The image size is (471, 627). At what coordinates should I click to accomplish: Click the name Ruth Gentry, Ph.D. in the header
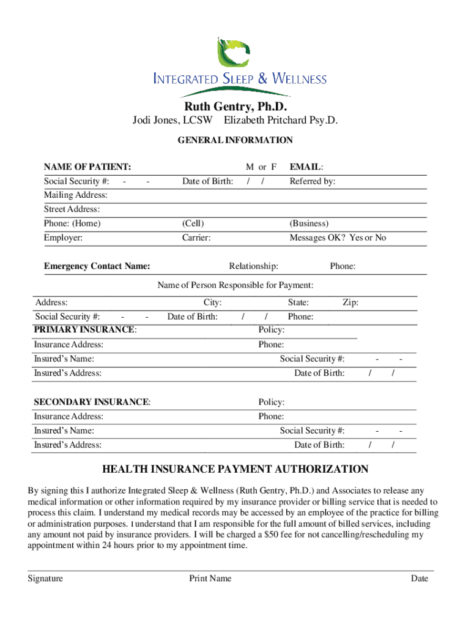[236, 108]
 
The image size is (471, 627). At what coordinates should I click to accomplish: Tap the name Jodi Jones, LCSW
[168, 121]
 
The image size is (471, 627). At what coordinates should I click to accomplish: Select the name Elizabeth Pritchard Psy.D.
[281, 121]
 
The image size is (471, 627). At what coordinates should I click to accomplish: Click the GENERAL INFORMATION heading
[235, 140]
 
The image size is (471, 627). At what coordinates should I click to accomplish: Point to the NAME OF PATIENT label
[87, 167]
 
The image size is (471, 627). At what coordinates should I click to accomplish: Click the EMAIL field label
[306, 167]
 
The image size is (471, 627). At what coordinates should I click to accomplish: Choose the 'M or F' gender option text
[261, 167]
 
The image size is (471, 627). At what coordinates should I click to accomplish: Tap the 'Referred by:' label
[312, 181]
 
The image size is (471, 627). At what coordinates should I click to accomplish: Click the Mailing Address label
[75, 195]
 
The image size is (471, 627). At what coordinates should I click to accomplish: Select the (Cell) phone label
[193, 223]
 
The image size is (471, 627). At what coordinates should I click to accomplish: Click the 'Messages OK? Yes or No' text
[338, 238]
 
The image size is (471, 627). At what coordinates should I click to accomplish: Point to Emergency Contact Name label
[97, 266]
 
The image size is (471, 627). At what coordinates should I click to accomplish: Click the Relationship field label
[253, 266]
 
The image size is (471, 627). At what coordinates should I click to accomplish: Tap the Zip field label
[350, 302]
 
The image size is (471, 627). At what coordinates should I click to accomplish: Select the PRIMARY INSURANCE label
[85, 330]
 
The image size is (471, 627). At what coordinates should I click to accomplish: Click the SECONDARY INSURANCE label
[92, 402]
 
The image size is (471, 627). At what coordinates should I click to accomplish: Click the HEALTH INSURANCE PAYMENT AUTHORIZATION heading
[235, 470]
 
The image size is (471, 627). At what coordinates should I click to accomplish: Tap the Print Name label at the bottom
[210, 579]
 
